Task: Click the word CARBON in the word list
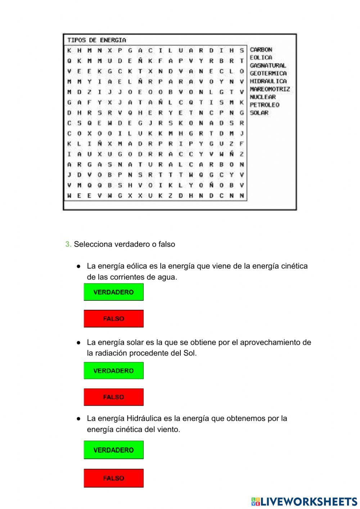coord(261,50)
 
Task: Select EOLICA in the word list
coord(261,58)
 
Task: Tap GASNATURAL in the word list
coord(268,66)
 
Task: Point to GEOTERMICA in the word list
coord(268,73)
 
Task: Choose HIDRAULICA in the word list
coord(268,81)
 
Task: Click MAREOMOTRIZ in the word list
coord(270,89)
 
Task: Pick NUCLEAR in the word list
coord(263,97)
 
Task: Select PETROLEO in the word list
coord(265,105)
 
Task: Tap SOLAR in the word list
coord(259,113)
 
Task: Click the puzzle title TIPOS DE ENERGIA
coord(96,40)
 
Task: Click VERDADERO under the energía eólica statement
coord(113,292)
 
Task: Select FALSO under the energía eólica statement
coord(113,319)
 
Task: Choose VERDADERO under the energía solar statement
coord(113,371)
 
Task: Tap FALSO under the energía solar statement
coord(113,397)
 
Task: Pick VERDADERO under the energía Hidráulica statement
coord(113,450)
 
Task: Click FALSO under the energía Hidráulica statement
coord(113,478)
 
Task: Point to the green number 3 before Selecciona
coord(68,244)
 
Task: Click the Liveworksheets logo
coord(304,501)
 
